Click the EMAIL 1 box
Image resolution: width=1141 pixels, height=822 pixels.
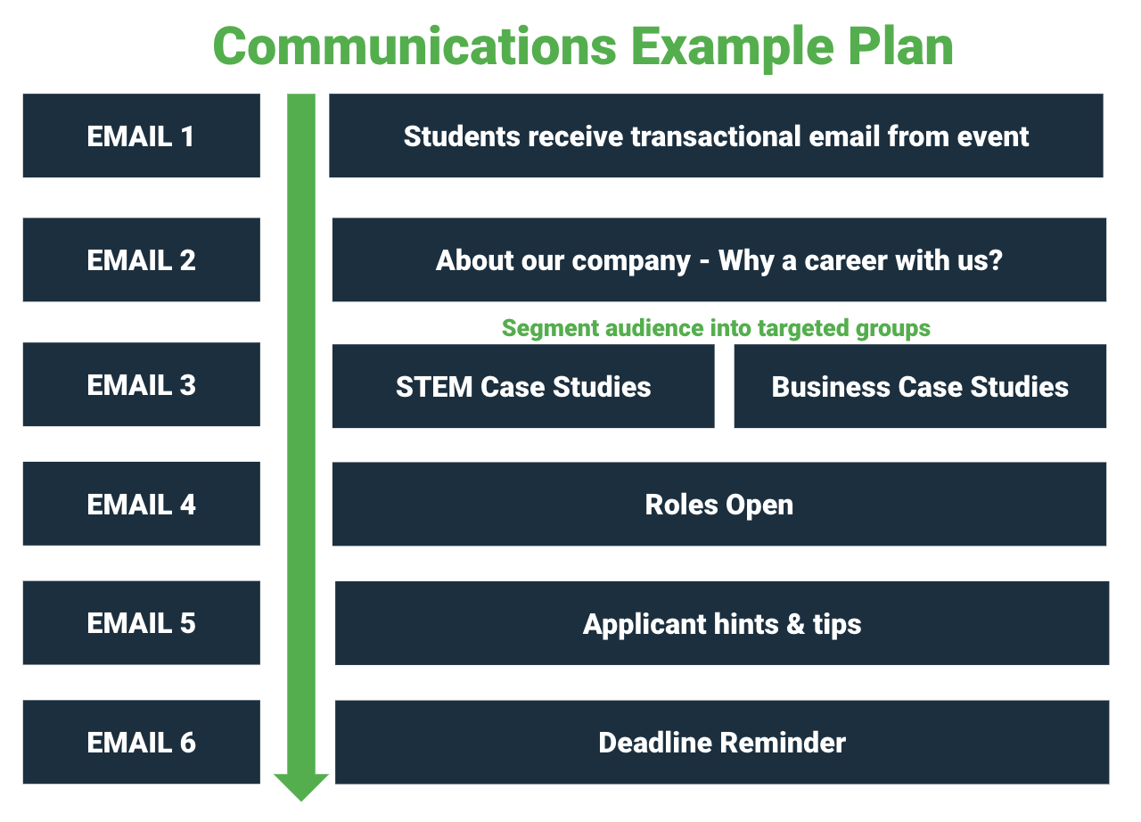142,136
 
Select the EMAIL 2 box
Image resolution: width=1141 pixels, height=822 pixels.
142,259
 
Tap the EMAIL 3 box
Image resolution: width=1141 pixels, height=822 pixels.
142,384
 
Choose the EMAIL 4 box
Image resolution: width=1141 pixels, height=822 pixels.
142,504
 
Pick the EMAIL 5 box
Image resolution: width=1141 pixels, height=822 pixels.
142,623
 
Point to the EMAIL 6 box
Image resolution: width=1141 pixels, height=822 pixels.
142,742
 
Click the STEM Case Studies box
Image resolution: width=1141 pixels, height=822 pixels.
523,386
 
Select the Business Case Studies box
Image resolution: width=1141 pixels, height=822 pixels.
920,386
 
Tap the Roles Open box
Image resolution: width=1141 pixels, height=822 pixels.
719,505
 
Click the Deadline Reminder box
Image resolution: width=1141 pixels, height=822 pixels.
722,743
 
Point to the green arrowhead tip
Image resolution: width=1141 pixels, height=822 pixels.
301,801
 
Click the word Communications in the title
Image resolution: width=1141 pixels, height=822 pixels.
415,47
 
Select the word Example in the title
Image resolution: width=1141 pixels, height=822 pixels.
733,49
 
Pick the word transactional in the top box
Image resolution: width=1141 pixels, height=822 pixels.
716,136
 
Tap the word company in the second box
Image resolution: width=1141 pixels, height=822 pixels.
631,262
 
